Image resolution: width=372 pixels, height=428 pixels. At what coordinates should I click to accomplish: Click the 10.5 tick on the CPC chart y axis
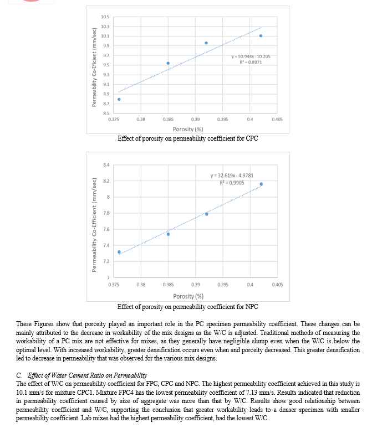(x=105, y=17)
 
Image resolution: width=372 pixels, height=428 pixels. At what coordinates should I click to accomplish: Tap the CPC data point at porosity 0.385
(x=168, y=63)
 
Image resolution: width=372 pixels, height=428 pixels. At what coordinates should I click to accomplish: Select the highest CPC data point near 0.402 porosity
(x=261, y=36)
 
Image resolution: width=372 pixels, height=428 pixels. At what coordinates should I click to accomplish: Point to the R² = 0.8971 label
(x=251, y=61)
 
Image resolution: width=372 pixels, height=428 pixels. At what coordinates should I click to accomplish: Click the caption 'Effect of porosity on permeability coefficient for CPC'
(x=187, y=138)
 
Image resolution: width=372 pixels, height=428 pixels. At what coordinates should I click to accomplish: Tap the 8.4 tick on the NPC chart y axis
(x=106, y=164)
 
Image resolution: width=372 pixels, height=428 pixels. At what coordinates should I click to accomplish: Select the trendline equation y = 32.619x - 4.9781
(x=236, y=176)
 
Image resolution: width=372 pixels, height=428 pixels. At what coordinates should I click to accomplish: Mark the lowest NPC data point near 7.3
(x=119, y=252)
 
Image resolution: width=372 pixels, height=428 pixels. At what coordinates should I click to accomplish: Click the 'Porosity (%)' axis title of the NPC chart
(x=187, y=297)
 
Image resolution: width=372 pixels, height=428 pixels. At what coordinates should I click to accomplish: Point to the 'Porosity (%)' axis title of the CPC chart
(x=187, y=129)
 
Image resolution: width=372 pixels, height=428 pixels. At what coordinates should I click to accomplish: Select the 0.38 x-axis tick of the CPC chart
(x=141, y=119)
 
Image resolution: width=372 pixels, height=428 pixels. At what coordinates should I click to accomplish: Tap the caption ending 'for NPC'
(x=187, y=306)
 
